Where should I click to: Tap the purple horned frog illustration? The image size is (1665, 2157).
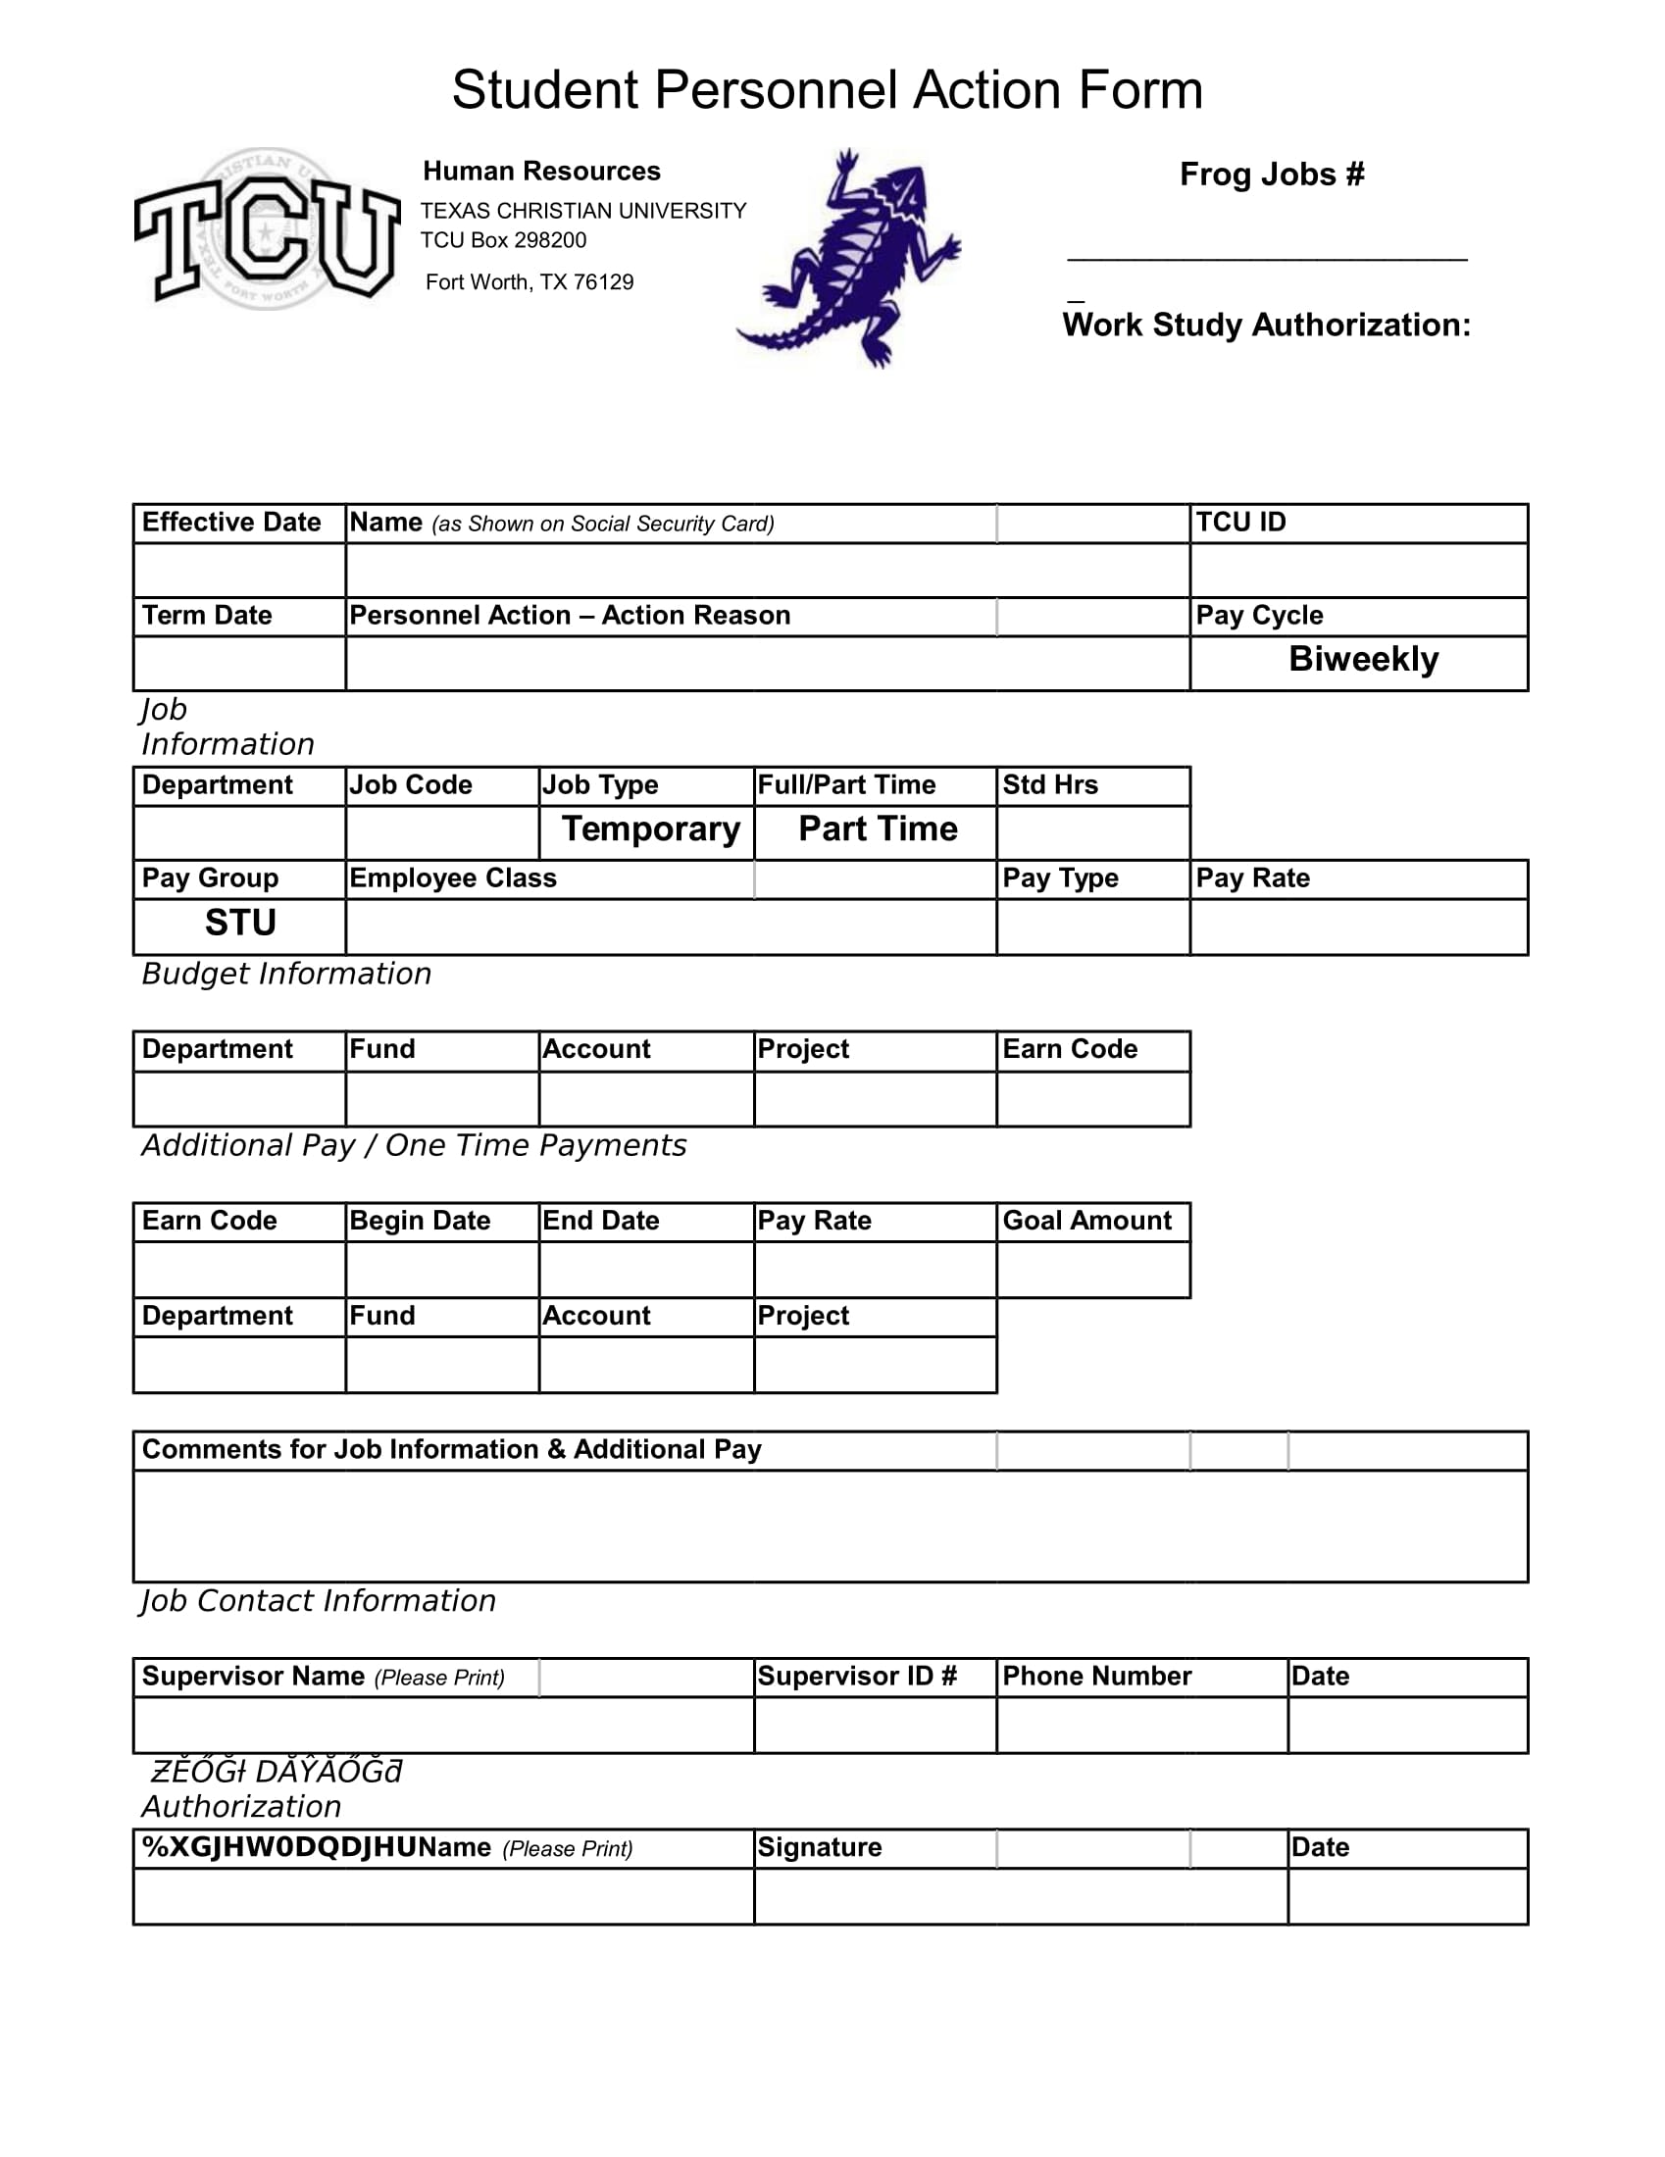coord(849,259)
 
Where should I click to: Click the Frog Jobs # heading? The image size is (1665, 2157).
coord(1271,174)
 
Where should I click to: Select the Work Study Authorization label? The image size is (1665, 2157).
coord(1266,325)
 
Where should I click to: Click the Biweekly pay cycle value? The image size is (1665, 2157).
coord(1363,659)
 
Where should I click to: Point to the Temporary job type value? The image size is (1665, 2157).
coord(651,828)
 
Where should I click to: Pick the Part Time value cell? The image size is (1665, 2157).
coord(877,828)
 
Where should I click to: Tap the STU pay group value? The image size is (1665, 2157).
coord(240,923)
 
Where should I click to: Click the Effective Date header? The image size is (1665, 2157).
coord(231,523)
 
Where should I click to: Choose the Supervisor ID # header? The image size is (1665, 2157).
coord(856,1676)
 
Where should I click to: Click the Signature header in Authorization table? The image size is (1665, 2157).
coord(819,1847)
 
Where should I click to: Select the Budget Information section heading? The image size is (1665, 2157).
coord(286,974)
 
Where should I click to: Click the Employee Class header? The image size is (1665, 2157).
coord(452,878)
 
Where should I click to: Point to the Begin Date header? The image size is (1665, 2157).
coord(420,1221)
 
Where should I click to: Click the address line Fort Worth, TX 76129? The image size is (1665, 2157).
coord(530,282)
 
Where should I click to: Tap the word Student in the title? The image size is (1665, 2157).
coord(544,91)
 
